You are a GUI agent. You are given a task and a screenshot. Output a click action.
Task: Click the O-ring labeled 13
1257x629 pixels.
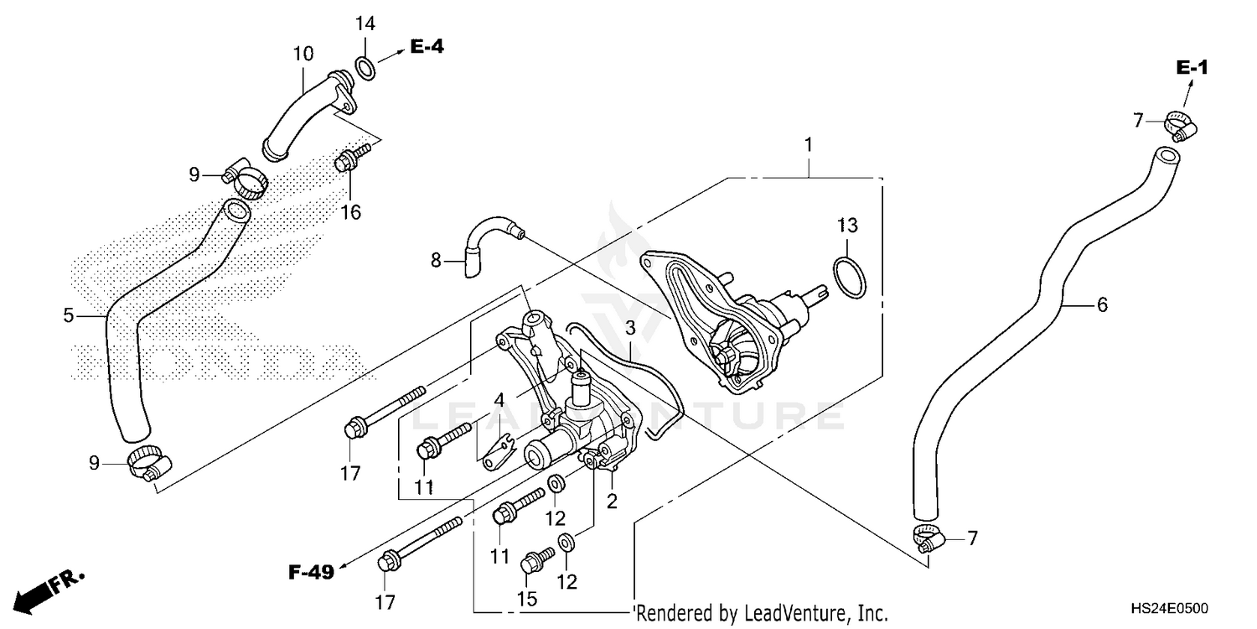tap(847, 278)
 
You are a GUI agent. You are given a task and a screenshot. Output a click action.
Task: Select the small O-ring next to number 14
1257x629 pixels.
tap(365, 67)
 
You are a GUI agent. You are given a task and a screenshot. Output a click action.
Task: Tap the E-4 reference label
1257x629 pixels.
tap(427, 47)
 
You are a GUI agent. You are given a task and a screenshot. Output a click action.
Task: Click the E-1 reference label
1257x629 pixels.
tap(1191, 68)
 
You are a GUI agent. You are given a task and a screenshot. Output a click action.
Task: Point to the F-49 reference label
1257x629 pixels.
tap(311, 573)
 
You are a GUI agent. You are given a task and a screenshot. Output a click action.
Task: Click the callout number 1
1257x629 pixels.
tap(808, 145)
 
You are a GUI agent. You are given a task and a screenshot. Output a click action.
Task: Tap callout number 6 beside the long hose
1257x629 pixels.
tap(1102, 305)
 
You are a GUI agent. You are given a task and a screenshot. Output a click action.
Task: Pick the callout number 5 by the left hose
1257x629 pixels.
tap(69, 315)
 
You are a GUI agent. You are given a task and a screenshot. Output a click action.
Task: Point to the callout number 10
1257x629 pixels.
tap(303, 55)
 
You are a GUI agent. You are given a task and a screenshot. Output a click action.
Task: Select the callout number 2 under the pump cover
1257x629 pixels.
tap(612, 502)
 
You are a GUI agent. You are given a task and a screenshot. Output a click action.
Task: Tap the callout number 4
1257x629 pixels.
tap(499, 401)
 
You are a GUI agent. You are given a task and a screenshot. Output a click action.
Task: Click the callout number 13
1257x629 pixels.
tap(847, 225)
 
